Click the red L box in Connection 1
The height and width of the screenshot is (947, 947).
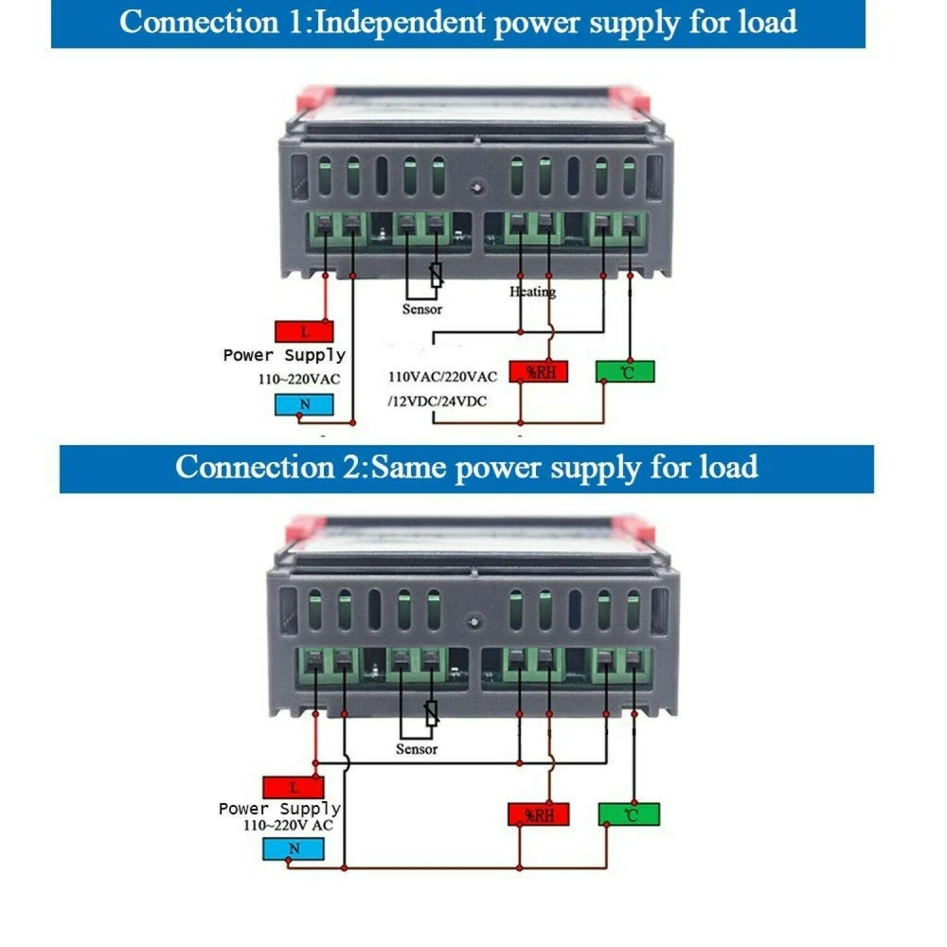pyautogui.click(x=303, y=331)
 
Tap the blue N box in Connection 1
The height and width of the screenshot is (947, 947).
pyautogui.click(x=303, y=404)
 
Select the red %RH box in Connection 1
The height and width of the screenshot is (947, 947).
pyautogui.click(x=539, y=371)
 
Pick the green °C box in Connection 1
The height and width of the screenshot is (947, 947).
pyautogui.click(x=625, y=371)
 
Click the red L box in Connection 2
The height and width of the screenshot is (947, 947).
pyautogui.click(x=294, y=788)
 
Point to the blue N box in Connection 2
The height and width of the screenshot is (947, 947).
pyautogui.click(x=294, y=848)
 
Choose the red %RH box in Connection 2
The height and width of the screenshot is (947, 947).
pyautogui.click(x=538, y=814)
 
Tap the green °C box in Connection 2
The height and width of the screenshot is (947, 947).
pyautogui.click(x=629, y=813)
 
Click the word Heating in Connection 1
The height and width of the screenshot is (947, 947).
pyautogui.click(x=533, y=292)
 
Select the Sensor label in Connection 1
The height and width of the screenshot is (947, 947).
pyautogui.click(x=421, y=309)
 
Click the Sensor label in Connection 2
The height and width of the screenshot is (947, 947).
pyautogui.click(x=417, y=749)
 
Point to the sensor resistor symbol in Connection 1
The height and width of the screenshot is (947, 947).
pyautogui.click(x=436, y=276)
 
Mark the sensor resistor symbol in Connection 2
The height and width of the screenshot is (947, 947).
pyautogui.click(x=432, y=713)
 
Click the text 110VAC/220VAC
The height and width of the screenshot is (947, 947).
pyautogui.click(x=442, y=376)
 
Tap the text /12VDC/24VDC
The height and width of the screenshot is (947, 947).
pyautogui.click(x=437, y=401)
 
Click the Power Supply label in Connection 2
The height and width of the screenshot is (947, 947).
pyautogui.click(x=279, y=809)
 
